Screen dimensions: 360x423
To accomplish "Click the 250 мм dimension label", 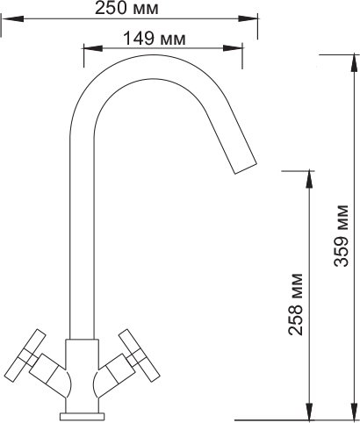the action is click(126, 9).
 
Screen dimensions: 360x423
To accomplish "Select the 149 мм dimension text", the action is click(155, 39).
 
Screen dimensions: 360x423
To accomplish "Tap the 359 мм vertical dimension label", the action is click(342, 235).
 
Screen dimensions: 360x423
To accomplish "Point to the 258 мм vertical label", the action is click(295, 305).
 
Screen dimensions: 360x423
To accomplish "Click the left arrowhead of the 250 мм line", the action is click(12, 18).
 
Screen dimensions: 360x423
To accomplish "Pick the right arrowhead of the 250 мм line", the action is click(248, 18).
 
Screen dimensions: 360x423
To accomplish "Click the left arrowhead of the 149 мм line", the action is click(93, 48).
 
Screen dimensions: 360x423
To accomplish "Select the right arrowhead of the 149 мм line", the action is click(233, 48).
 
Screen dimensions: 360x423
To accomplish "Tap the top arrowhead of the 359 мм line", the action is click(354, 64).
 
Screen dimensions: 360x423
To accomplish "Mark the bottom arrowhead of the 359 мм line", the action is click(354, 412).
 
